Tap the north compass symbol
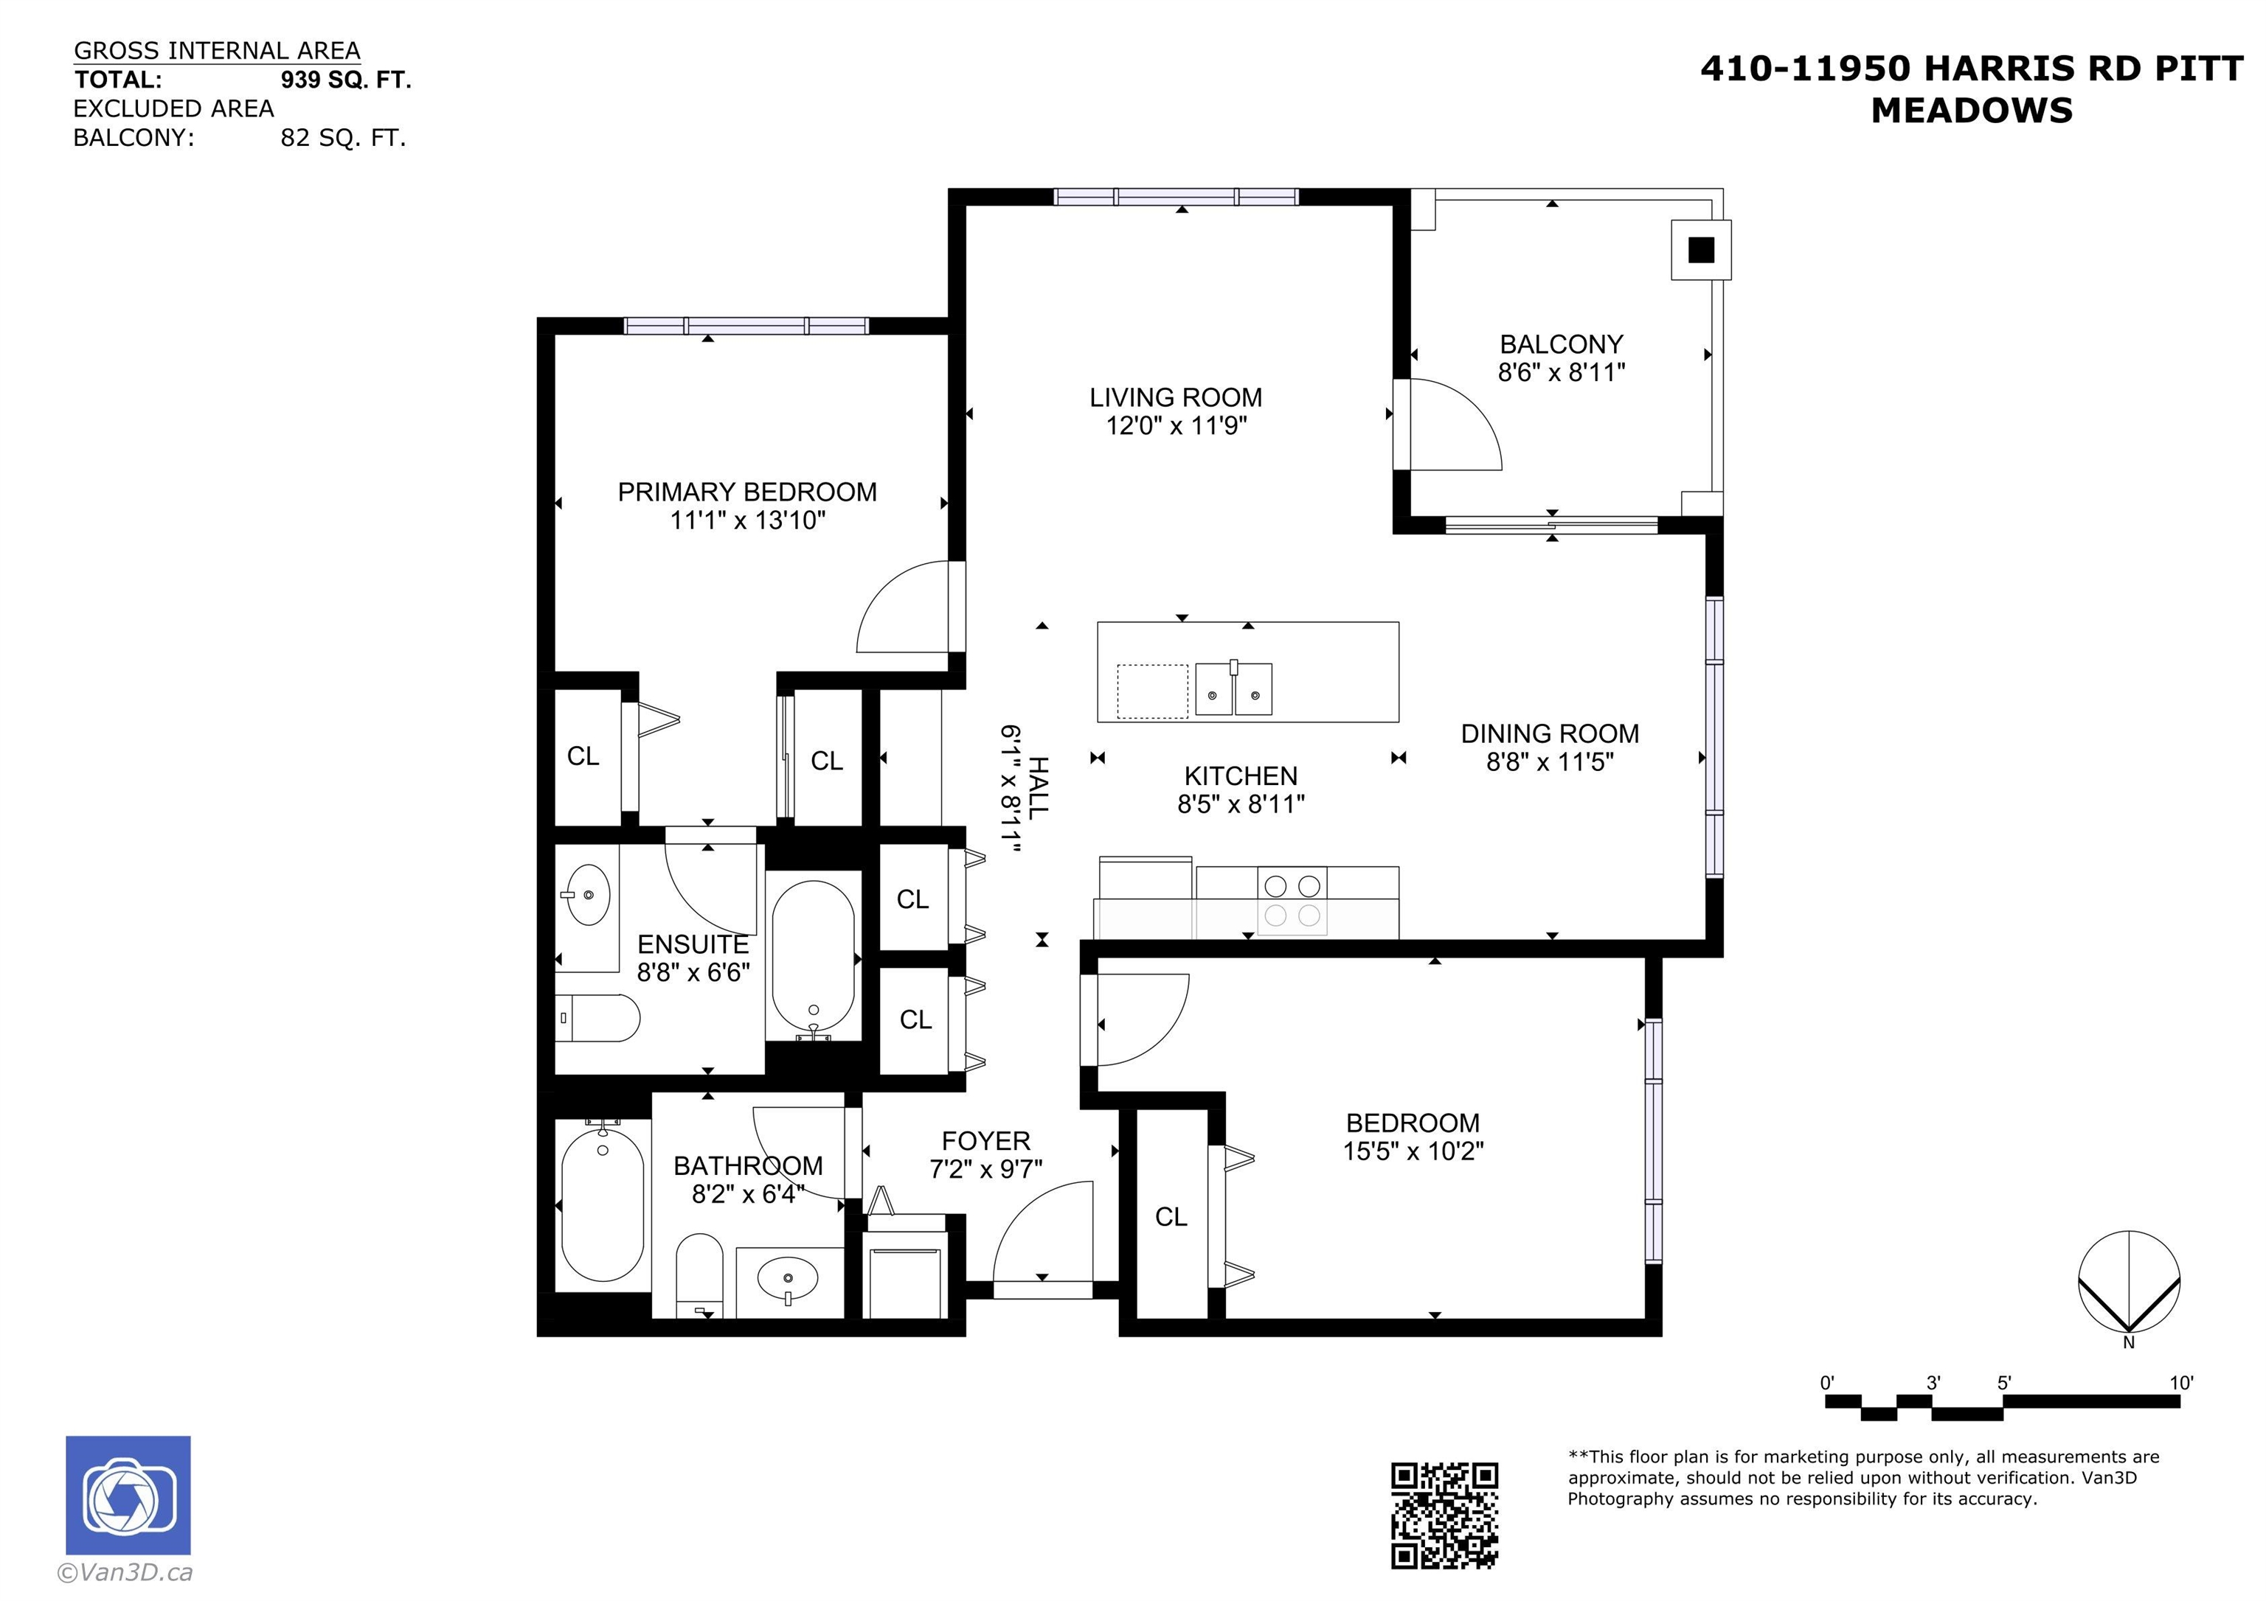click(x=2129, y=1283)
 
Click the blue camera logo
click(x=128, y=1496)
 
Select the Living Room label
click(x=1176, y=397)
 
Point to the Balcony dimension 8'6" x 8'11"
click(x=1562, y=372)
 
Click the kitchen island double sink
click(x=1233, y=688)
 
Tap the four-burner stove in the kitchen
click(x=1292, y=901)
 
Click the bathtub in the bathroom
click(x=602, y=1204)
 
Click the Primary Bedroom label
click(x=747, y=492)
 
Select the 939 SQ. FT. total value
click(x=345, y=80)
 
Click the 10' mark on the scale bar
click(x=2181, y=1383)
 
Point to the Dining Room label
click(x=1550, y=734)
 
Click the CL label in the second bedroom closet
click(x=1171, y=1217)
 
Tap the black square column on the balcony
click(x=1700, y=251)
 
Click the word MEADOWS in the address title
click(x=1972, y=111)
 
